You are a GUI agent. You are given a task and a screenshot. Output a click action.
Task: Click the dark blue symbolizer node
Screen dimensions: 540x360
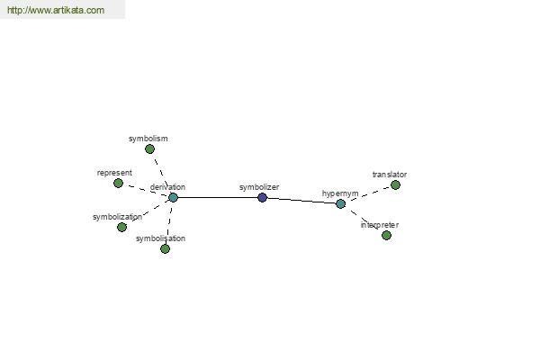click(263, 198)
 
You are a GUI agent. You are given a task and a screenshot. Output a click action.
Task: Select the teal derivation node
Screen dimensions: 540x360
click(173, 198)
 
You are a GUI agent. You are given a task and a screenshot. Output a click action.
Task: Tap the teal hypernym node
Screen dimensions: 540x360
click(340, 204)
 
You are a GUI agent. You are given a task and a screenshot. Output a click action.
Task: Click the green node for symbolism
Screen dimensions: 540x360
click(149, 149)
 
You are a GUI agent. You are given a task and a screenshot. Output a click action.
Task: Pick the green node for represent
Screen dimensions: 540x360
click(119, 184)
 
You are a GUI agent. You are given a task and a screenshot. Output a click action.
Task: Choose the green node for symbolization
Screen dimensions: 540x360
click(121, 228)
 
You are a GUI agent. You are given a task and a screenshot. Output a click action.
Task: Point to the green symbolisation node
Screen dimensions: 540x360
click(166, 248)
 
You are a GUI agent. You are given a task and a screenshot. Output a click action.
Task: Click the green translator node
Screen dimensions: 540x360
click(396, 185)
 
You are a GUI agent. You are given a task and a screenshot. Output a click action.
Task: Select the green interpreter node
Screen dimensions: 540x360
click(387, 236)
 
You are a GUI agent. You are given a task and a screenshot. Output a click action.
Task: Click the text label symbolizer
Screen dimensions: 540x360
click(259, 187)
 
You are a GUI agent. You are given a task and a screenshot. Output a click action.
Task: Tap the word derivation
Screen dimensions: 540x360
click(167, 187)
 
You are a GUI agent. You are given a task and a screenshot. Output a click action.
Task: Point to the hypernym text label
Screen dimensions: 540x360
click(340, 193)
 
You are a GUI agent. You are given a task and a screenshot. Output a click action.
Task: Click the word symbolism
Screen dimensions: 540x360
click(148, 139)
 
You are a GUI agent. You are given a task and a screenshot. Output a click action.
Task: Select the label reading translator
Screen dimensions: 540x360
click(390, 175)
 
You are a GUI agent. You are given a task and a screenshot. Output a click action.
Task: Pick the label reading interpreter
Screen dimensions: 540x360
click(380, 225)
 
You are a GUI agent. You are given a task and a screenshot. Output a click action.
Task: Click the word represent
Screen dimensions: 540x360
click(114, 173)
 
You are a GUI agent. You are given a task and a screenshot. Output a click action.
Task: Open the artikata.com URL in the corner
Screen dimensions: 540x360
click(56, 10)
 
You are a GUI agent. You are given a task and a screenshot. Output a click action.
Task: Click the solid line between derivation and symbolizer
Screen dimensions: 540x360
click(218, 198)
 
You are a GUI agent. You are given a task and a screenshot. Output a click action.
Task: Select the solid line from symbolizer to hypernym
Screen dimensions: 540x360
click(301, 201)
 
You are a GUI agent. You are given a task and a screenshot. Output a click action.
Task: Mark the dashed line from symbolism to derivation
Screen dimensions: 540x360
click(161, 174)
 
